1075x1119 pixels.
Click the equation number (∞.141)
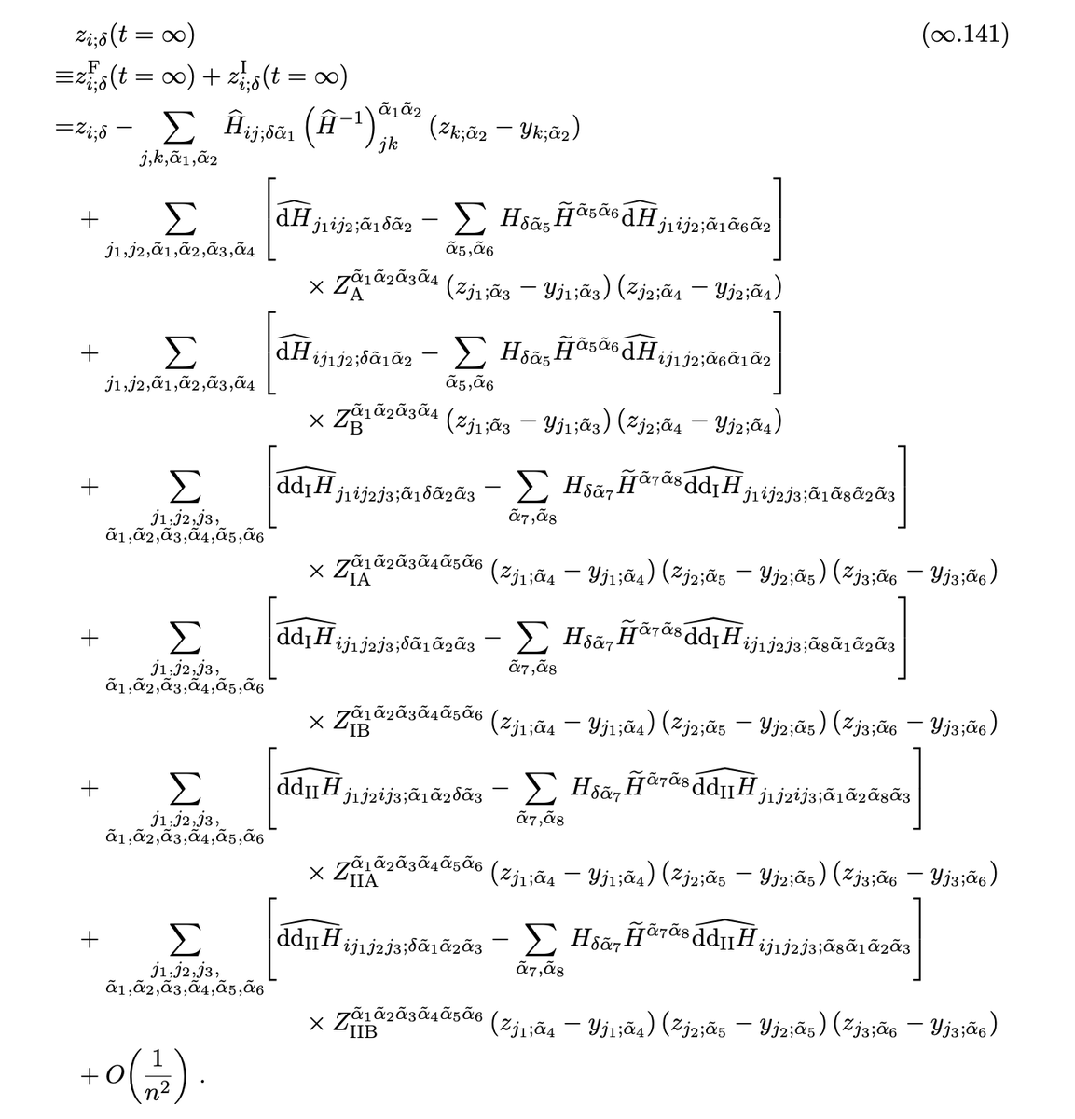coord(964,35)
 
